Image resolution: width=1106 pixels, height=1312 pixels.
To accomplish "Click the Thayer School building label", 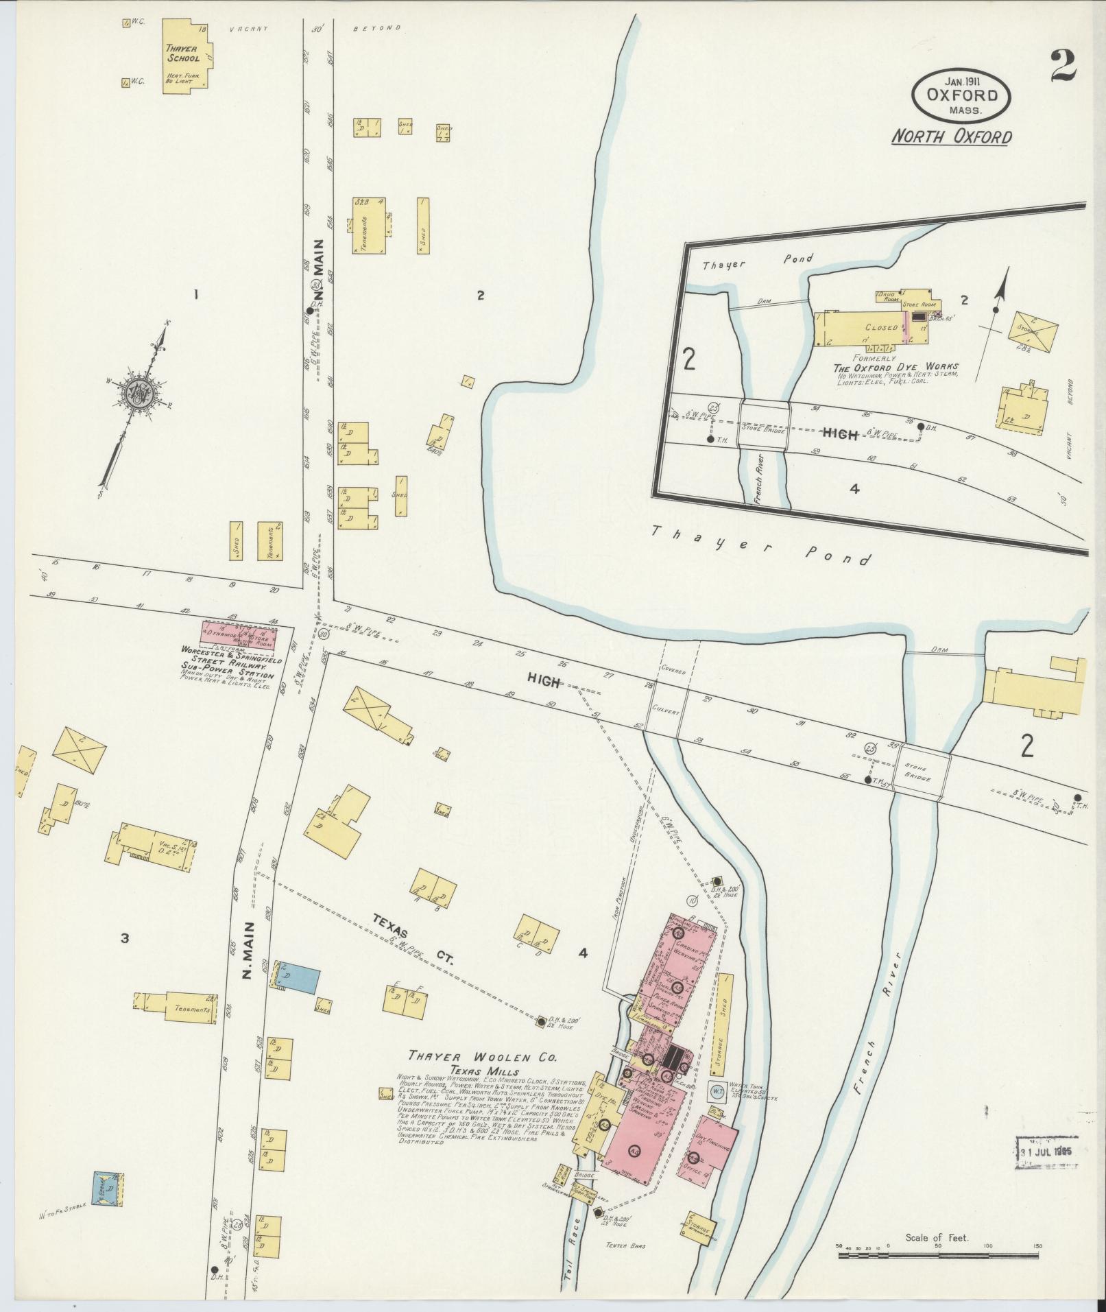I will tap(182, 53).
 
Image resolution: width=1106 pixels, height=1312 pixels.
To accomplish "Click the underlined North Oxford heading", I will tap(950, 137).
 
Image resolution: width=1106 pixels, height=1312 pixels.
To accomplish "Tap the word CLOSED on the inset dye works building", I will tap(880, 328).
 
